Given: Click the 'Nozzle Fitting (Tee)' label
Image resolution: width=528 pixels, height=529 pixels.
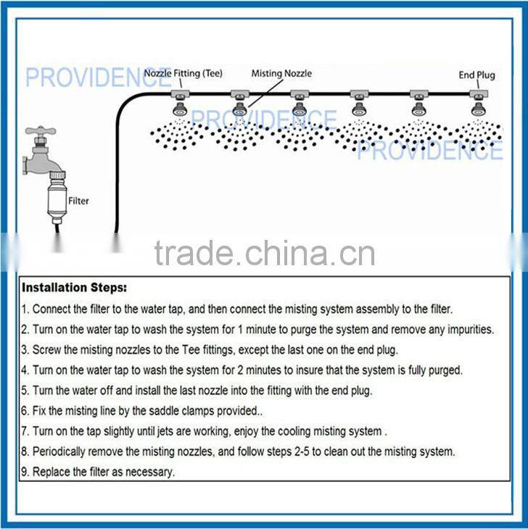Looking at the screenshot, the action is tap(183, 73).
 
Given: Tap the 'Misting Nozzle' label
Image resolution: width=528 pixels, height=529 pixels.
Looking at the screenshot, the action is tap(281, 73).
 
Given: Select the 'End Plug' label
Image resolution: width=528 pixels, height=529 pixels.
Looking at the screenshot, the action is tap(476, 74).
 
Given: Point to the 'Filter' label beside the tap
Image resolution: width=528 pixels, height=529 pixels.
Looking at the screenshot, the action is tap(78, 200).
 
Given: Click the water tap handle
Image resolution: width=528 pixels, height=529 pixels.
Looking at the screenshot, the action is tap(40, 133).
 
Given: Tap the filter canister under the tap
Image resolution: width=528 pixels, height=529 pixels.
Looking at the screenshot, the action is tap(54, 201).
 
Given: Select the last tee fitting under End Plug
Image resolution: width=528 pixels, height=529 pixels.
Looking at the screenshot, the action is tap(477, 95).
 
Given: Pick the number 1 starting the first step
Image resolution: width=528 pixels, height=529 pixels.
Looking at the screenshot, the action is tap(25, 309).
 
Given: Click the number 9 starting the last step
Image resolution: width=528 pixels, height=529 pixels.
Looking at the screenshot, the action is tap(25, 472).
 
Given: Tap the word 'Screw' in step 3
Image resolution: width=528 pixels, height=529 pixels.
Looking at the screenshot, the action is tap(49, 349).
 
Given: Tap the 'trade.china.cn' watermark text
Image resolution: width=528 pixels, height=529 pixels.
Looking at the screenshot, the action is tap(264, 254).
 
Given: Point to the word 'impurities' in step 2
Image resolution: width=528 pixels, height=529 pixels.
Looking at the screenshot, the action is tap(466, 329).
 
